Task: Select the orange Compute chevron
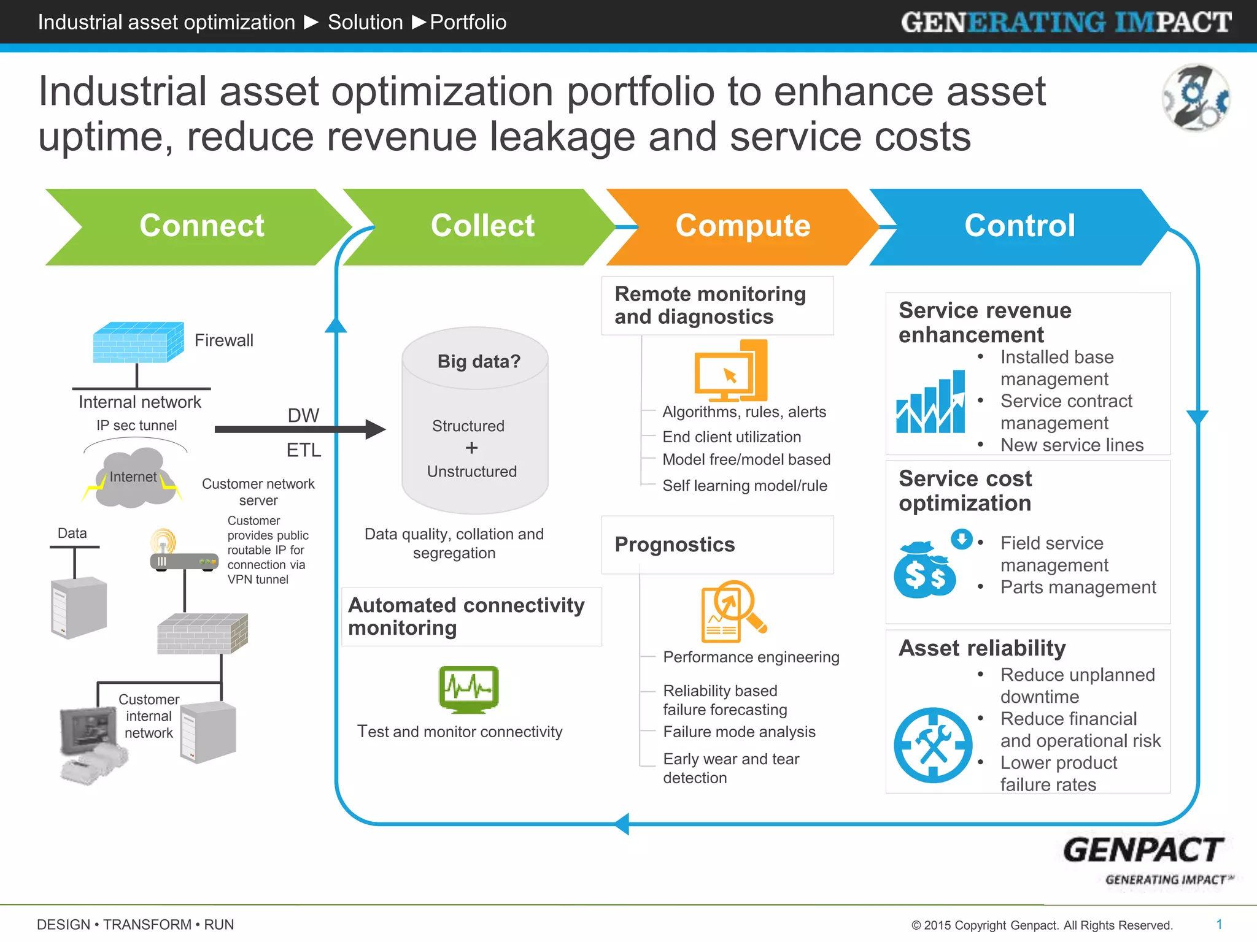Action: (x=743, y=226)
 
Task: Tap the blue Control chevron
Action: (x=1019, y=226)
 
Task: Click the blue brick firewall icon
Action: (x=138, y=342)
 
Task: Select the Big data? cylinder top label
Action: (x=479, y=361)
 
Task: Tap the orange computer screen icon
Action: (x=730, y=372)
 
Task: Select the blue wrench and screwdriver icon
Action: (x=933, y=745)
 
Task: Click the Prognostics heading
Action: (x=675, y=545)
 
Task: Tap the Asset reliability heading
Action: (x=982, y=648)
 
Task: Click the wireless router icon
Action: (x=183, y=552)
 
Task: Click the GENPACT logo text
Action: (x=1143, y=851)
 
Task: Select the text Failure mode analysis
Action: (x=739, y=732)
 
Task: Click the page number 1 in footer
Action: (x=1219, y=924)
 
